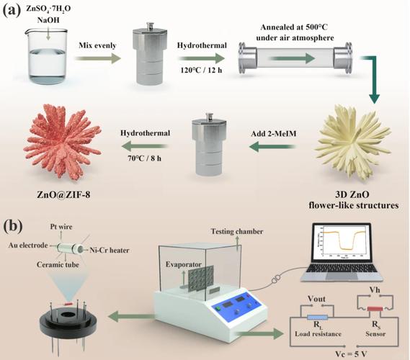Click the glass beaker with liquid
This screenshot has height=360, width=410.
(48, 57)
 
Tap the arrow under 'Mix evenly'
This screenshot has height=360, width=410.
(97, 58)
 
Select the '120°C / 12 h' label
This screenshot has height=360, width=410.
(201, 70)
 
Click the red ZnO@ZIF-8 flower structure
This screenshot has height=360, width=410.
(63, 141)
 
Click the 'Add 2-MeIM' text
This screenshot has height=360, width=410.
(274, 134)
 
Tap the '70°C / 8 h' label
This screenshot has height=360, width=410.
(144, 158)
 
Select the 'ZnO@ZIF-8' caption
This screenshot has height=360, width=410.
(63, 194)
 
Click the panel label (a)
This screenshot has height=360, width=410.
(12, 11)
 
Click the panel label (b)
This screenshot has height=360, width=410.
(13, 226)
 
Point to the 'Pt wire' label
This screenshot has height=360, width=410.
(61, 227)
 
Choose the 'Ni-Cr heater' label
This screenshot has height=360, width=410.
(110, 251)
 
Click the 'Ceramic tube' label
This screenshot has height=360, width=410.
(58, 265)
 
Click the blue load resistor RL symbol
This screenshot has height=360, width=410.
(317, 318)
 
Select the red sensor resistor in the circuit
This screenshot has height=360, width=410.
(375, 309)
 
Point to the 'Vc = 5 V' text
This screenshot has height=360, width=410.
(351, 354)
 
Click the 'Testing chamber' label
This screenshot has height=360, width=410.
(237, 231)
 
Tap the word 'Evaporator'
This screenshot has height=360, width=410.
(184, 264)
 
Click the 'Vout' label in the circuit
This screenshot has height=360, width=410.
(316, 299)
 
